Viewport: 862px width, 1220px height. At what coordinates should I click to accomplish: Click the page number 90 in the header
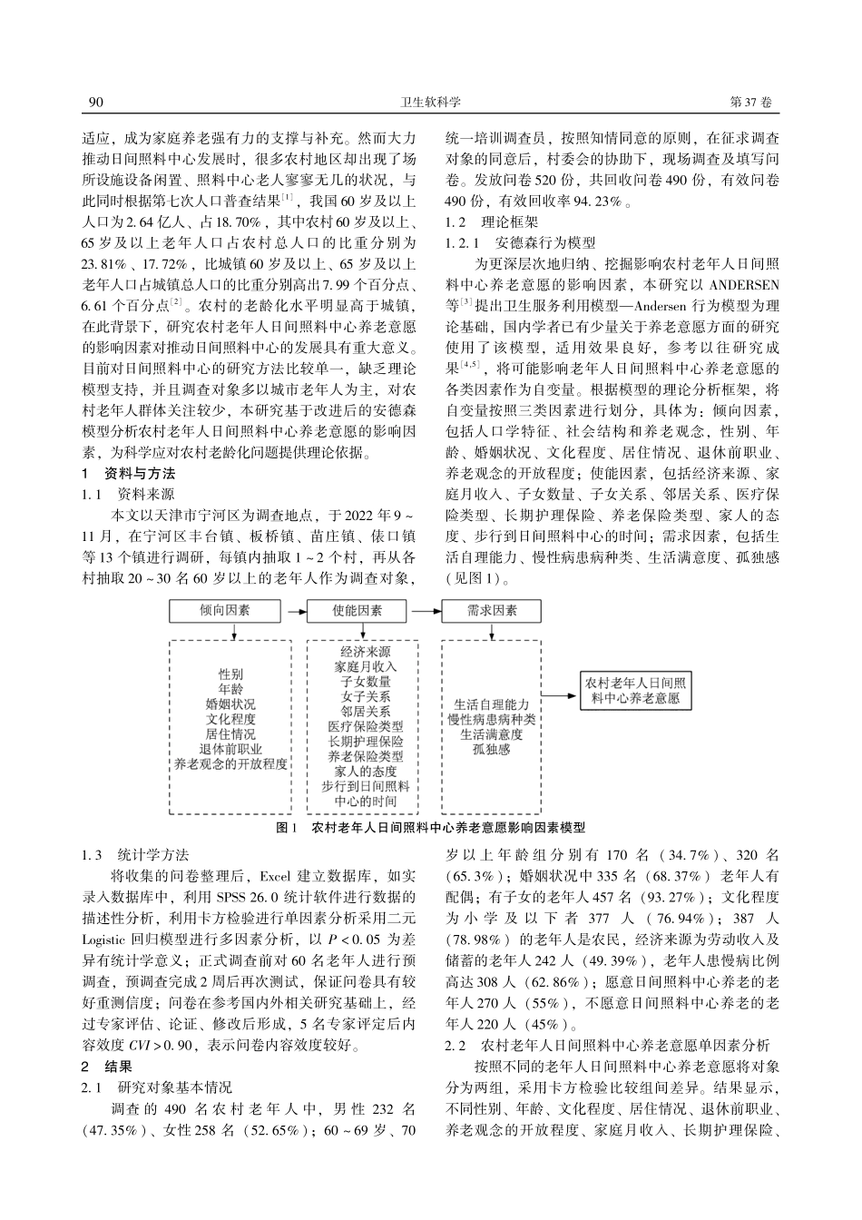93,103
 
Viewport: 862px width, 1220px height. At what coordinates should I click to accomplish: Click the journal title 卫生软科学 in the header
431,103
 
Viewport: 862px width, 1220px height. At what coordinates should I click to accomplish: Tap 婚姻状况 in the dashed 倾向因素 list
230,704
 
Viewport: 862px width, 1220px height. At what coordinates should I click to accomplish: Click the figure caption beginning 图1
430,828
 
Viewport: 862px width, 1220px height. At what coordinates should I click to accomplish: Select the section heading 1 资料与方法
128,474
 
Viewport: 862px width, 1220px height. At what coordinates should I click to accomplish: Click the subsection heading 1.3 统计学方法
135,855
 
